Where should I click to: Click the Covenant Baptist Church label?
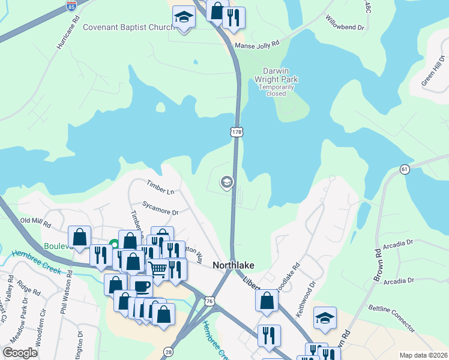click(x=127, y=27)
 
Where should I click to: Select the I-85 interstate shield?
click(x=71, y=7)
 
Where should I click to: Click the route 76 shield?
click(x=209, y=300)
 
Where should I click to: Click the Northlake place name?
click(x=234, y=265)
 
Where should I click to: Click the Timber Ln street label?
click(x=161, y=187)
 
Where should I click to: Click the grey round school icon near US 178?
click(x=226, y=182)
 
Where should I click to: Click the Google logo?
click(x=20, y=353)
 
